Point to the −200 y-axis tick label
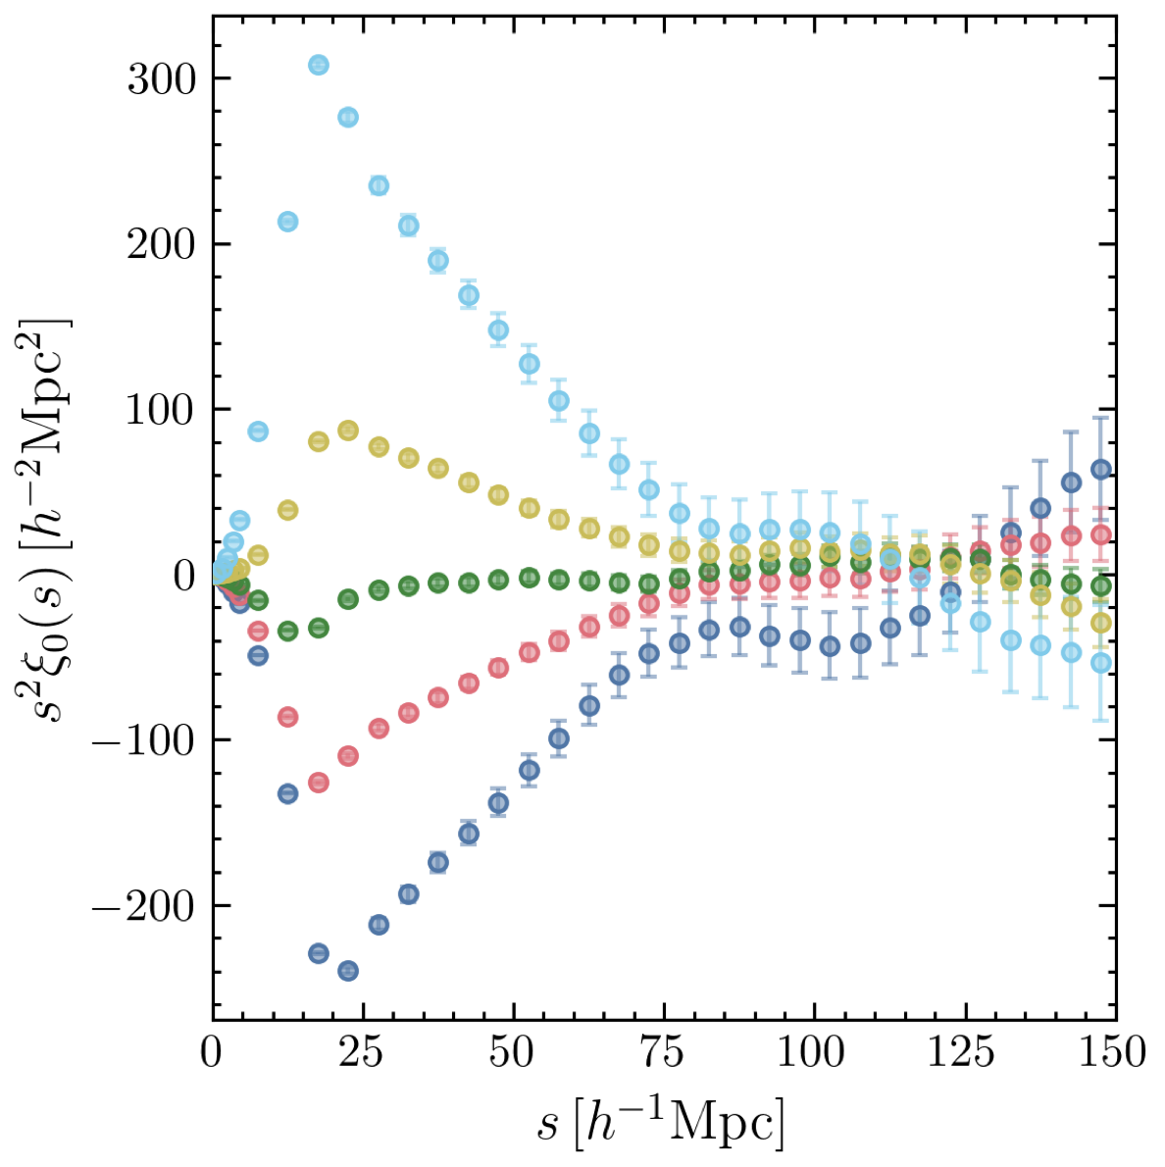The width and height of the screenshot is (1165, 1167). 143,905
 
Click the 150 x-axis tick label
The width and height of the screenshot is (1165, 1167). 1114,1053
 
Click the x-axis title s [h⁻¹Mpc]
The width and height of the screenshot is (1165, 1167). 661,1122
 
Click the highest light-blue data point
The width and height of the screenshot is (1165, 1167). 318,66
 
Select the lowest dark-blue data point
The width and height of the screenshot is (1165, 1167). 347,971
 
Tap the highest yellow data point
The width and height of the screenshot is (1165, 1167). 347,431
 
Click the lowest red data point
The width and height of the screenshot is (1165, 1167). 318,783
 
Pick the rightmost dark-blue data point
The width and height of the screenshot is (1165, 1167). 1101,470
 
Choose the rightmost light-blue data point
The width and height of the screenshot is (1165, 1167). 1101,663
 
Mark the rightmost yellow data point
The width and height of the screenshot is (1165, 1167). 1101,623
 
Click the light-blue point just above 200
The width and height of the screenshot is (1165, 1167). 287,222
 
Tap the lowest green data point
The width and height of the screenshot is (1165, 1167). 287,631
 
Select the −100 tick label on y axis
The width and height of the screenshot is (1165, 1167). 143,739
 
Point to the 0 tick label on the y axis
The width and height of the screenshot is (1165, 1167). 184,575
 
